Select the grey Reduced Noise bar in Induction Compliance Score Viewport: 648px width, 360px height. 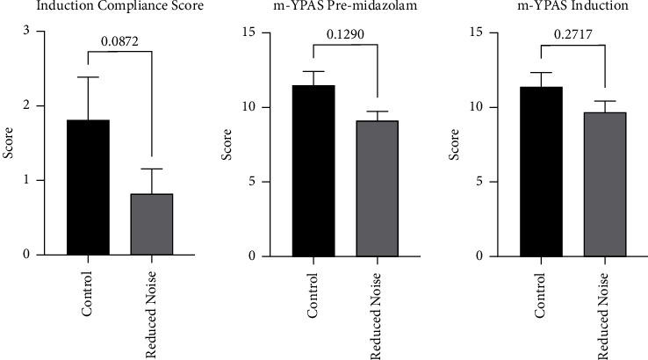tap(151, 225)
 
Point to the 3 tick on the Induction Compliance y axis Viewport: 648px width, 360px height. tap(39, 32)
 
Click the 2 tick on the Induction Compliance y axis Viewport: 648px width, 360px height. tap(39, 106)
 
